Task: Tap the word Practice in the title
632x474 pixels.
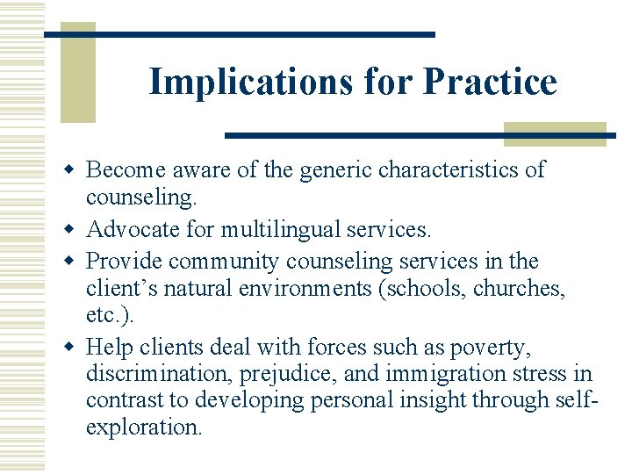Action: [490, 82]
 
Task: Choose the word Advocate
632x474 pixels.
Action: [131, 231]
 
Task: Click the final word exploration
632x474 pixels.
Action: [143, 427]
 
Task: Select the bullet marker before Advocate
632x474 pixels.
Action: [74, 231]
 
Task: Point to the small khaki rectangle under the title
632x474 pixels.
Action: [555, 133]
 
